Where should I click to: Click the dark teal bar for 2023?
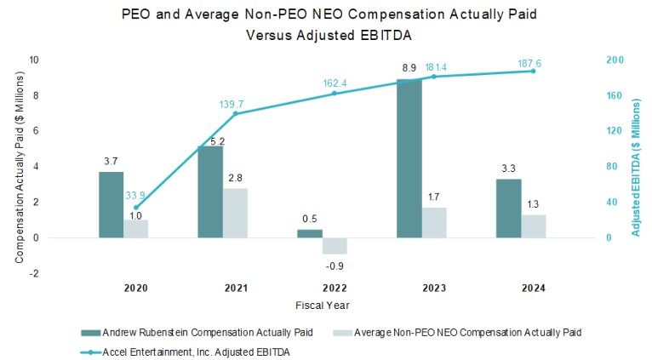409,158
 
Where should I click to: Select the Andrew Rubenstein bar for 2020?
112,204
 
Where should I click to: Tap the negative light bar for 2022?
335,245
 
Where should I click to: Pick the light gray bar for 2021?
236,213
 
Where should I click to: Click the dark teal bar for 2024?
508,209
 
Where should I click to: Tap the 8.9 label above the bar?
409,68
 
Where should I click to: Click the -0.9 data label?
335,266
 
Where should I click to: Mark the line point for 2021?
235,113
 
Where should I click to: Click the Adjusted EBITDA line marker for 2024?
534,71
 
